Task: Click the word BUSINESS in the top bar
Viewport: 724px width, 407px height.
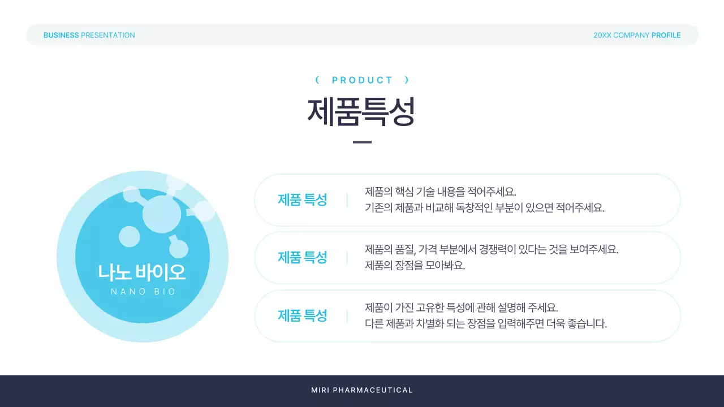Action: point(61,35)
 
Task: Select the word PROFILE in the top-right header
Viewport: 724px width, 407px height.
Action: point(666,35)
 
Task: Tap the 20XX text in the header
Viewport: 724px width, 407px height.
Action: point(602,35)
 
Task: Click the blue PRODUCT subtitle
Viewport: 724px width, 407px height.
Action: point(363,80)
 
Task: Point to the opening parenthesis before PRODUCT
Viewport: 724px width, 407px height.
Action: point(317,80)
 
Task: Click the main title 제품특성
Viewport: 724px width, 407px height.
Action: point(361,111)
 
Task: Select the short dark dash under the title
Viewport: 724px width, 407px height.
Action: point(362,142)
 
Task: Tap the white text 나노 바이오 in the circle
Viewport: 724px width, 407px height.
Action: point(142,272)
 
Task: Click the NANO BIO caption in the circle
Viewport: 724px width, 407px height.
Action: point(143,292)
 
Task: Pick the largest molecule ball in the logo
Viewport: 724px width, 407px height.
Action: point(162,214)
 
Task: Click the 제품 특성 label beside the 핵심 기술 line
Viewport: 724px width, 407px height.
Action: point(302,200)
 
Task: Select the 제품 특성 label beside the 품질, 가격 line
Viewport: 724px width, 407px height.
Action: point(302,257)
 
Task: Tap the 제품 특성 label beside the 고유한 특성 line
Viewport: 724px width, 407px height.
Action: point(302,315)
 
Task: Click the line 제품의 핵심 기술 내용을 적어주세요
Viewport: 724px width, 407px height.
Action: point(441,191)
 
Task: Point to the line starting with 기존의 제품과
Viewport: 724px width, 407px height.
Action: point(485,207)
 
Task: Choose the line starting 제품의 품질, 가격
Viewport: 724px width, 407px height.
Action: point(492,249)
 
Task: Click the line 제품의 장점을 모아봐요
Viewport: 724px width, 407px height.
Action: point(415,265)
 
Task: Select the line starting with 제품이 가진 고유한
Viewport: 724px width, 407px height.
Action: point(461,308)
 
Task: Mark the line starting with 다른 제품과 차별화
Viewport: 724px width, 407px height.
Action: point(485,324)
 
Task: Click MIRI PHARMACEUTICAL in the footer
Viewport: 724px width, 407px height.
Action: point(362,390)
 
